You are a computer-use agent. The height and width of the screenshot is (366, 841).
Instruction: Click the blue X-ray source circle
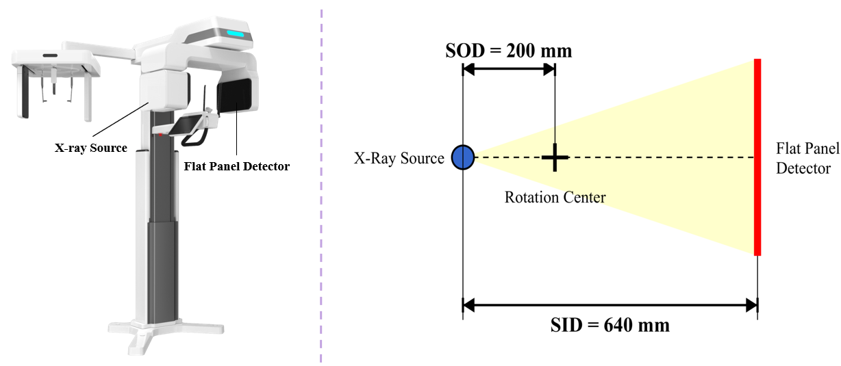[463, 157]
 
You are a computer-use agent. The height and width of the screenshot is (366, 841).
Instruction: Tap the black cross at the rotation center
[555, 158]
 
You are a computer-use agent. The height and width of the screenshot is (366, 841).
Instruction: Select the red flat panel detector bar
[757, 157]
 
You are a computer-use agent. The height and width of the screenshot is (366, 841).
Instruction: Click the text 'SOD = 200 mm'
[508, 51]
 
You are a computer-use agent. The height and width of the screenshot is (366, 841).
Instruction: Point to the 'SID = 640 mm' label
[610, 323]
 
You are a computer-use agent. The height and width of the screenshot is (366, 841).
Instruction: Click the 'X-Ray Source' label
[399, 158]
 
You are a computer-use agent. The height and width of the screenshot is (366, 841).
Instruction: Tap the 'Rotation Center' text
[555, 198]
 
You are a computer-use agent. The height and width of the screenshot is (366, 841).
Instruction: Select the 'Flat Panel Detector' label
[803, 158]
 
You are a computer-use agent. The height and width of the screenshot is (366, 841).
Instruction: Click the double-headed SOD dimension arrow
[508, 68]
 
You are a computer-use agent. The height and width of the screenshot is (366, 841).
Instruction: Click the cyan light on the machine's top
[235, 33]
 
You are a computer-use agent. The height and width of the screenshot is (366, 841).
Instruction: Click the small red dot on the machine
[160, 135]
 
